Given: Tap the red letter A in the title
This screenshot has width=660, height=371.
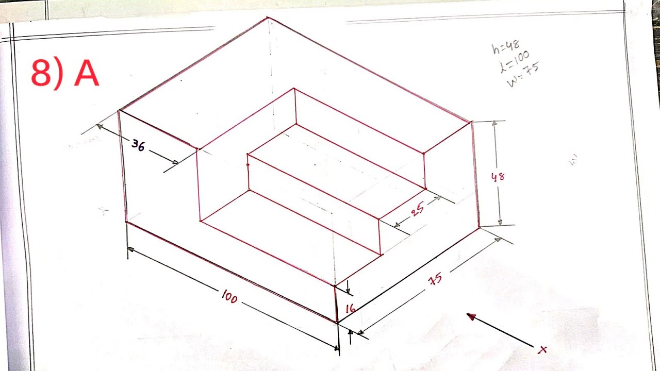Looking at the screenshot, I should [x=86, y=73].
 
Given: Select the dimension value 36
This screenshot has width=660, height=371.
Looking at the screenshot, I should [x=138, y=145].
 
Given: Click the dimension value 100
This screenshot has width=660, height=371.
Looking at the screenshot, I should [x=229, y=296].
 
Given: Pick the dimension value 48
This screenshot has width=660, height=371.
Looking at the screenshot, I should [x=498, y=177].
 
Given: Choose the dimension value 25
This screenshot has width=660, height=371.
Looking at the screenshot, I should [x=418, y=209].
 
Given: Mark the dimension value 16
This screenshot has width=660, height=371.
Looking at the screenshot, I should [x=350, y=309].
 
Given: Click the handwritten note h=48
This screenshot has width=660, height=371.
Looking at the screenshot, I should [x=505, y=47].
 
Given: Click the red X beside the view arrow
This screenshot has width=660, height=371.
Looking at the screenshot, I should [x=542, y=350].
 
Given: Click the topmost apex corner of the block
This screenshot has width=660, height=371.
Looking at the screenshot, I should [x=268, y=18].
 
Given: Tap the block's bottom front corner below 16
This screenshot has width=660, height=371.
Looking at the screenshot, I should [x=337, y=323].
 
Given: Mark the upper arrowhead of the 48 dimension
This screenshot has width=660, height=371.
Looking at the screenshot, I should [x=495, y=124].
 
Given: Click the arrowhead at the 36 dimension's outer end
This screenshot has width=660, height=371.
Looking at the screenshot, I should [x=99, y=127].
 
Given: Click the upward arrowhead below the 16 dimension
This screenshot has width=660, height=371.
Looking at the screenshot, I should [x=351, y=333].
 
